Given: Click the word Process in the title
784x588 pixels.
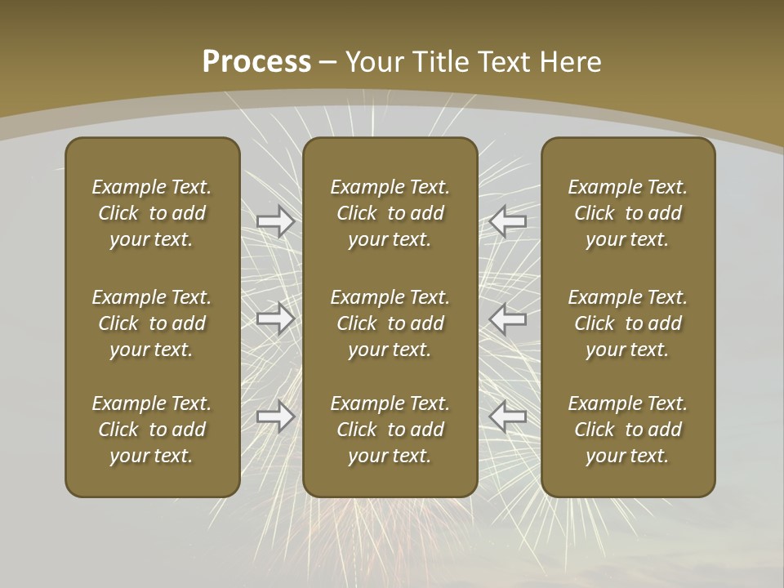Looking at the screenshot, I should coord(256,62).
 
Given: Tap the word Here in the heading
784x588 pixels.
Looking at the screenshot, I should coord(571,62).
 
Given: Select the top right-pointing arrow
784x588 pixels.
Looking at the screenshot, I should coord(276,221).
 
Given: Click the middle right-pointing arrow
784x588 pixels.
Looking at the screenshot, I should coord(276,318).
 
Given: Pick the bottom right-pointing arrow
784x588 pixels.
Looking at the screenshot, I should coord(276,416).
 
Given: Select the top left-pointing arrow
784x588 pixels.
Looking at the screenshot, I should coord(508,221).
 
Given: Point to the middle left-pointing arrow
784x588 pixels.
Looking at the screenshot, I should coord(508,318).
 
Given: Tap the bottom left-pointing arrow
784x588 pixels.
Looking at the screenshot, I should coord(508,416).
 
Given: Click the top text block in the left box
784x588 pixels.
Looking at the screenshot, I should coord(152,213).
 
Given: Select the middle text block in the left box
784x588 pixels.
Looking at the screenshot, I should coord(152,323).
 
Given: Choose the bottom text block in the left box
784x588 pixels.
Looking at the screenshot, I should coord(152,430).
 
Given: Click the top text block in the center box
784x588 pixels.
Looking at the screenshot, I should coord(390,213).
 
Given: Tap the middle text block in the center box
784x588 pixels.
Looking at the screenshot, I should coord(390,323).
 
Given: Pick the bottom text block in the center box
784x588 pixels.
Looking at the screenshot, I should coord(390,430).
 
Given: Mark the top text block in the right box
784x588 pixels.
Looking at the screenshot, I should coord(627,213).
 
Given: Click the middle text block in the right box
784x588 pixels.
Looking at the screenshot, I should coord(627,323).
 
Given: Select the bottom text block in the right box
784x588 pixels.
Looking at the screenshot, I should coord(627,430).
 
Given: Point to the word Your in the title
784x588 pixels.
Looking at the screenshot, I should coord(374,62).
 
